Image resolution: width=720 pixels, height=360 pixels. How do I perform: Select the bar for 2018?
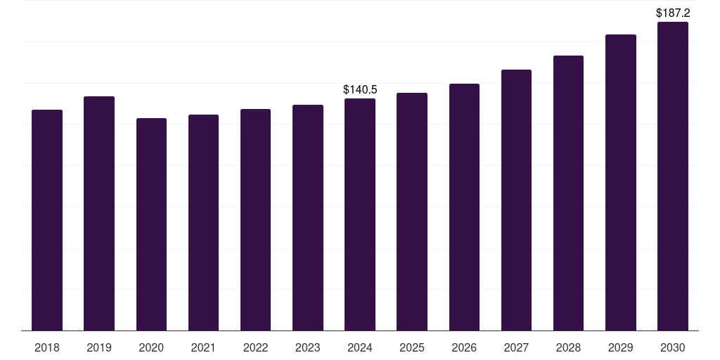[x=47, y=220]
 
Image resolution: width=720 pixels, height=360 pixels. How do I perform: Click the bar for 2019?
[x=99, y=214]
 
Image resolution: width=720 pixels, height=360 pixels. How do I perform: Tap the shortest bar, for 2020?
[x=152, y=224]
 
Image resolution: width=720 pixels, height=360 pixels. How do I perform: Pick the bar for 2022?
[x=255, y=220]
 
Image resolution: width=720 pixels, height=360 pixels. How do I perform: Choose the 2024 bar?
[x=360, y=214]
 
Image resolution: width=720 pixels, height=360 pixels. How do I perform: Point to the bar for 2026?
[x=464, y=207]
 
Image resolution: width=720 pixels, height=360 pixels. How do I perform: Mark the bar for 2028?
[x=568, y=193]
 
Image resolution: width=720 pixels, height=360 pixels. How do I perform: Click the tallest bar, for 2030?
[x=673, y=176]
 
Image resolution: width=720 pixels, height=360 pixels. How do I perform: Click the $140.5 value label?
[x=360, y=89]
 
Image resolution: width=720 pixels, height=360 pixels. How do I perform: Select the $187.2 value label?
[x=673, y=13]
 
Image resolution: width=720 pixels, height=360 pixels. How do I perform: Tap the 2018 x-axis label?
[x=47, y=347]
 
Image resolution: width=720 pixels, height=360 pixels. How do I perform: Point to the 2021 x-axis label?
[x=203, y=347]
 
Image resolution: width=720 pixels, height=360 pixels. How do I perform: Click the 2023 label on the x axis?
[x=308, y=347]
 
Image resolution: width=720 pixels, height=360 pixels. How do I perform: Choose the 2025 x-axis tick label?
[x=412, y=347]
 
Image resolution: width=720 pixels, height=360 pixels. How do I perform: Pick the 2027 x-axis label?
[x=516, y=347]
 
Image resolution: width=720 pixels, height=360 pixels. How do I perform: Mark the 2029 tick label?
[x=620, y=347]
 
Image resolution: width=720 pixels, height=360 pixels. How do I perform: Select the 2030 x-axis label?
[x=673, y=347]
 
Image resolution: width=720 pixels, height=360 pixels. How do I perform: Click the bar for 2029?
[x=621, y=182]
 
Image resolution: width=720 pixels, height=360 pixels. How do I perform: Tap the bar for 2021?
[x=203, y=223]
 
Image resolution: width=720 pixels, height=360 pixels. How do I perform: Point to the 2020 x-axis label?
[x=152, y=347]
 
